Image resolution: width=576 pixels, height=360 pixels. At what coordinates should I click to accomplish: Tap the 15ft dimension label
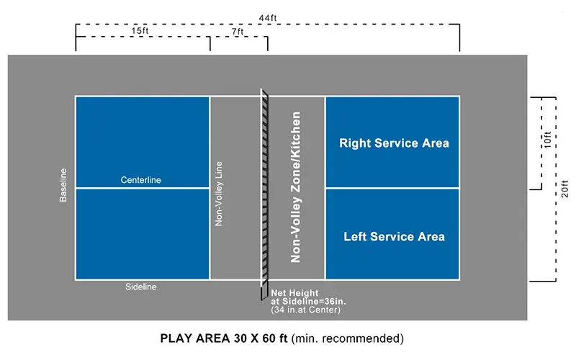pyautogui.click(x=141, y=31)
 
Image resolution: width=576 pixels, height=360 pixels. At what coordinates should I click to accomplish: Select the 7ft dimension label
pyautogui.click(x=238, y=31)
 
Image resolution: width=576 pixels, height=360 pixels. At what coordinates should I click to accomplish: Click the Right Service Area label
pyautogui.click(x=394, y=143)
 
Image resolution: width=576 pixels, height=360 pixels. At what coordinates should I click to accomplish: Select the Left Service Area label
pyautogui.click(x=394, y=236)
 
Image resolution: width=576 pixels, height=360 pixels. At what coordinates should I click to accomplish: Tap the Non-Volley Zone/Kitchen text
pyautogui.click(x=295, y=187)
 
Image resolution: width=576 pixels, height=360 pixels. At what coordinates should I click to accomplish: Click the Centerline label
pyautogui.click(x=141, y=180)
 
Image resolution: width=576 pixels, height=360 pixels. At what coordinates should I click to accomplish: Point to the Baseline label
pyautogui.click(x=63, y=185)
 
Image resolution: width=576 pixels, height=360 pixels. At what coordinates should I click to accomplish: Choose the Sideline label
pyautogui.click(x=141, y=287)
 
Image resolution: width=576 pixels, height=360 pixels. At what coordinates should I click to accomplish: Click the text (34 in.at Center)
pyautogui.click(x=306, y=310)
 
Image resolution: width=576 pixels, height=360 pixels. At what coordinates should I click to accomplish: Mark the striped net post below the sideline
pyautogui.click(x=264, y=289)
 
